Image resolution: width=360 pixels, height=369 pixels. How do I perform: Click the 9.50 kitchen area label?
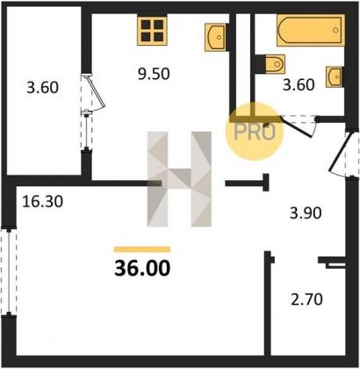154,74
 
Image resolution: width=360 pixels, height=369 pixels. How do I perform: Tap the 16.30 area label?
43,201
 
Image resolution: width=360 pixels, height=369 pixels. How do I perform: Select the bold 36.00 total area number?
142,268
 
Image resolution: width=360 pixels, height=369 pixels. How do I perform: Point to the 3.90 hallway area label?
306,213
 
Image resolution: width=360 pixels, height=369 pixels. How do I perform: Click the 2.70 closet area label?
306,300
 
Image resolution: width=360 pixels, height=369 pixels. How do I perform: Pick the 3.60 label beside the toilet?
299,85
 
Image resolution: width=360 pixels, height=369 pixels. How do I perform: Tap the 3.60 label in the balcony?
43,87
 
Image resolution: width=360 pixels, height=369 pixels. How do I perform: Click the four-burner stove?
152,31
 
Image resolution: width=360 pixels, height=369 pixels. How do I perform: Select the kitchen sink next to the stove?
217,38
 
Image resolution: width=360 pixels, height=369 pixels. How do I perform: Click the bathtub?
311,31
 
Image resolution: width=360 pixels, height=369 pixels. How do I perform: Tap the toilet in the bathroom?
270,64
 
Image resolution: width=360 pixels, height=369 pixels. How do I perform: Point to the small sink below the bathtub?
335,77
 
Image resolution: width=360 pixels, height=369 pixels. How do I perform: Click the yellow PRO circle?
255,132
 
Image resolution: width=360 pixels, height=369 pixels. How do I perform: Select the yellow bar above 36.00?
142,250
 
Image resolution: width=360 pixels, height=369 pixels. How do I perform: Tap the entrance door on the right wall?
344,154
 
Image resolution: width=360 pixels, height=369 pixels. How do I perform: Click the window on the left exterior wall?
9,271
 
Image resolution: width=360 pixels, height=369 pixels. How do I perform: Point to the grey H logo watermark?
179,179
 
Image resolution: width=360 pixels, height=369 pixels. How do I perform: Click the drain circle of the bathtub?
335,30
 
